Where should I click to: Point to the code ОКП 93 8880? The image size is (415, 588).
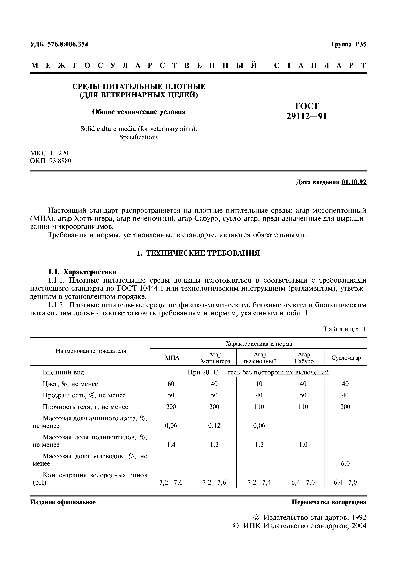coord(51,161)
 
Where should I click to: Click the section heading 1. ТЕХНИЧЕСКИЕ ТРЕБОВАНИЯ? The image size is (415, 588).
coord(198,253)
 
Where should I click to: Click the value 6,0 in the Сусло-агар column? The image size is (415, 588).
coord(345,463)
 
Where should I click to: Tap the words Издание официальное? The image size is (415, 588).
coord(63,502)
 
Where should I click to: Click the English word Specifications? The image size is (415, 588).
coord(139,137)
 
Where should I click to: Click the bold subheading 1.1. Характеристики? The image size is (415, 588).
coord(82,272)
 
